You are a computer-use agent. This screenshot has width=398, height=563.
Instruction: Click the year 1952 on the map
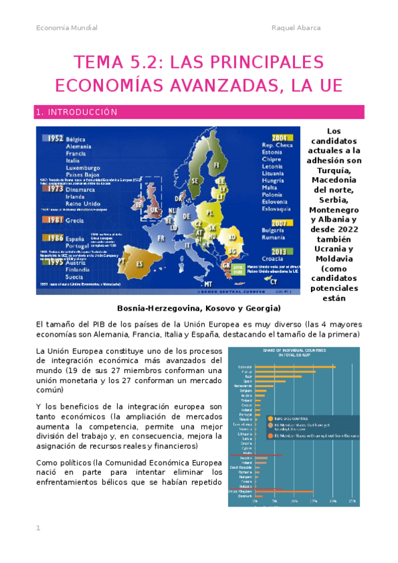pos(52,138)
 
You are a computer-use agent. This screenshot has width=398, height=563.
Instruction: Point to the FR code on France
pos(161,238)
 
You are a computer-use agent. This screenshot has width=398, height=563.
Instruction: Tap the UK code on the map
pos(154,209)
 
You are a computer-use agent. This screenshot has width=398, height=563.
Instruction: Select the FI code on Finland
pos(216,165)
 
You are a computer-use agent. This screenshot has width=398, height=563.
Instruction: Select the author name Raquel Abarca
pos(296,28)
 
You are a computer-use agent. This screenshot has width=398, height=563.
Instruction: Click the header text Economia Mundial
pos(66,28)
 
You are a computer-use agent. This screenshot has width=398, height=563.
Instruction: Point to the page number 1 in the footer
pos(39,528)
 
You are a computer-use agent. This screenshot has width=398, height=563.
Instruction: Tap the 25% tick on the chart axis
pos(351,501)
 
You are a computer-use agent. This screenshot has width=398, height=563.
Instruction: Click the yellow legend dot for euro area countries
pos(270,418)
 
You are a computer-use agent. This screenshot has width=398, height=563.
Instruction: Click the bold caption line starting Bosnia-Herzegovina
pos(199,308)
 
